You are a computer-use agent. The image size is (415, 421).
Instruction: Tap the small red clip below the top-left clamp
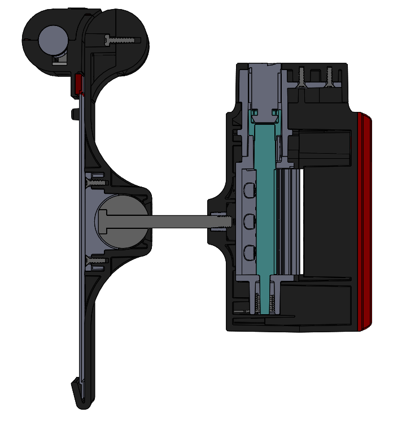coord(78,83)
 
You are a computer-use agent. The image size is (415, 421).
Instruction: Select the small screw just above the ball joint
coord(96,183)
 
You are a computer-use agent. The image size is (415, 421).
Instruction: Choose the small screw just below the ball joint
coord(96,261)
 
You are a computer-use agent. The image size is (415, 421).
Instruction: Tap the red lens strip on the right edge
coord(365,220)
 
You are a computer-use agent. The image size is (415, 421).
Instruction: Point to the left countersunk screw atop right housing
coord(300,76)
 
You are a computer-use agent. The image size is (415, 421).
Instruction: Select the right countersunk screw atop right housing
coord(327,76)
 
